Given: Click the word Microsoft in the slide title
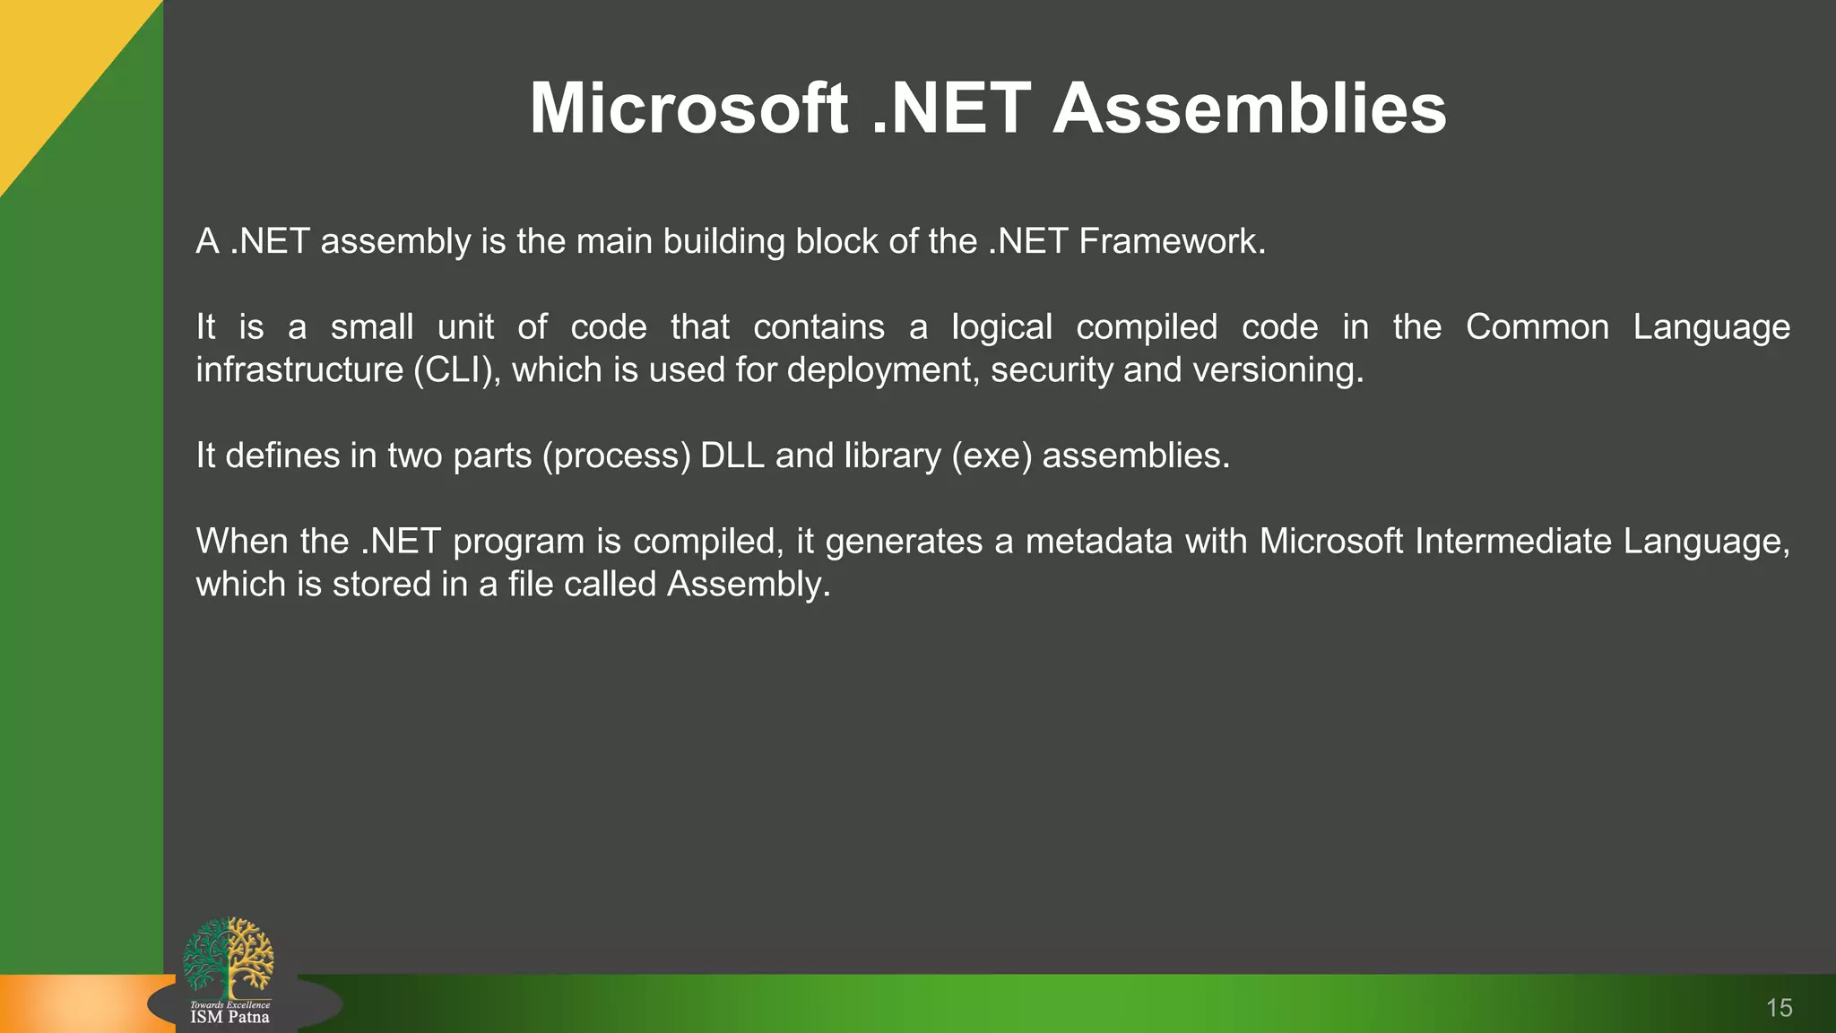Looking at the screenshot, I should coord(688,109).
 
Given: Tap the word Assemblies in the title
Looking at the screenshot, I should coord(1250,109).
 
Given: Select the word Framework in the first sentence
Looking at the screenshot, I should coord(1171,241).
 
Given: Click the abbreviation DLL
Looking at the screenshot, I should coord(732,456).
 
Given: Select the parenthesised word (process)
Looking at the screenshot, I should coord(616,456).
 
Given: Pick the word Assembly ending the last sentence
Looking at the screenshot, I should coord(749,585).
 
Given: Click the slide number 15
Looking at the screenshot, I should coord(1779,1008).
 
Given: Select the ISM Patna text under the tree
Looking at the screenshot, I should coord(229,1018).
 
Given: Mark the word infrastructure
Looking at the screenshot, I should coord(299,370).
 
